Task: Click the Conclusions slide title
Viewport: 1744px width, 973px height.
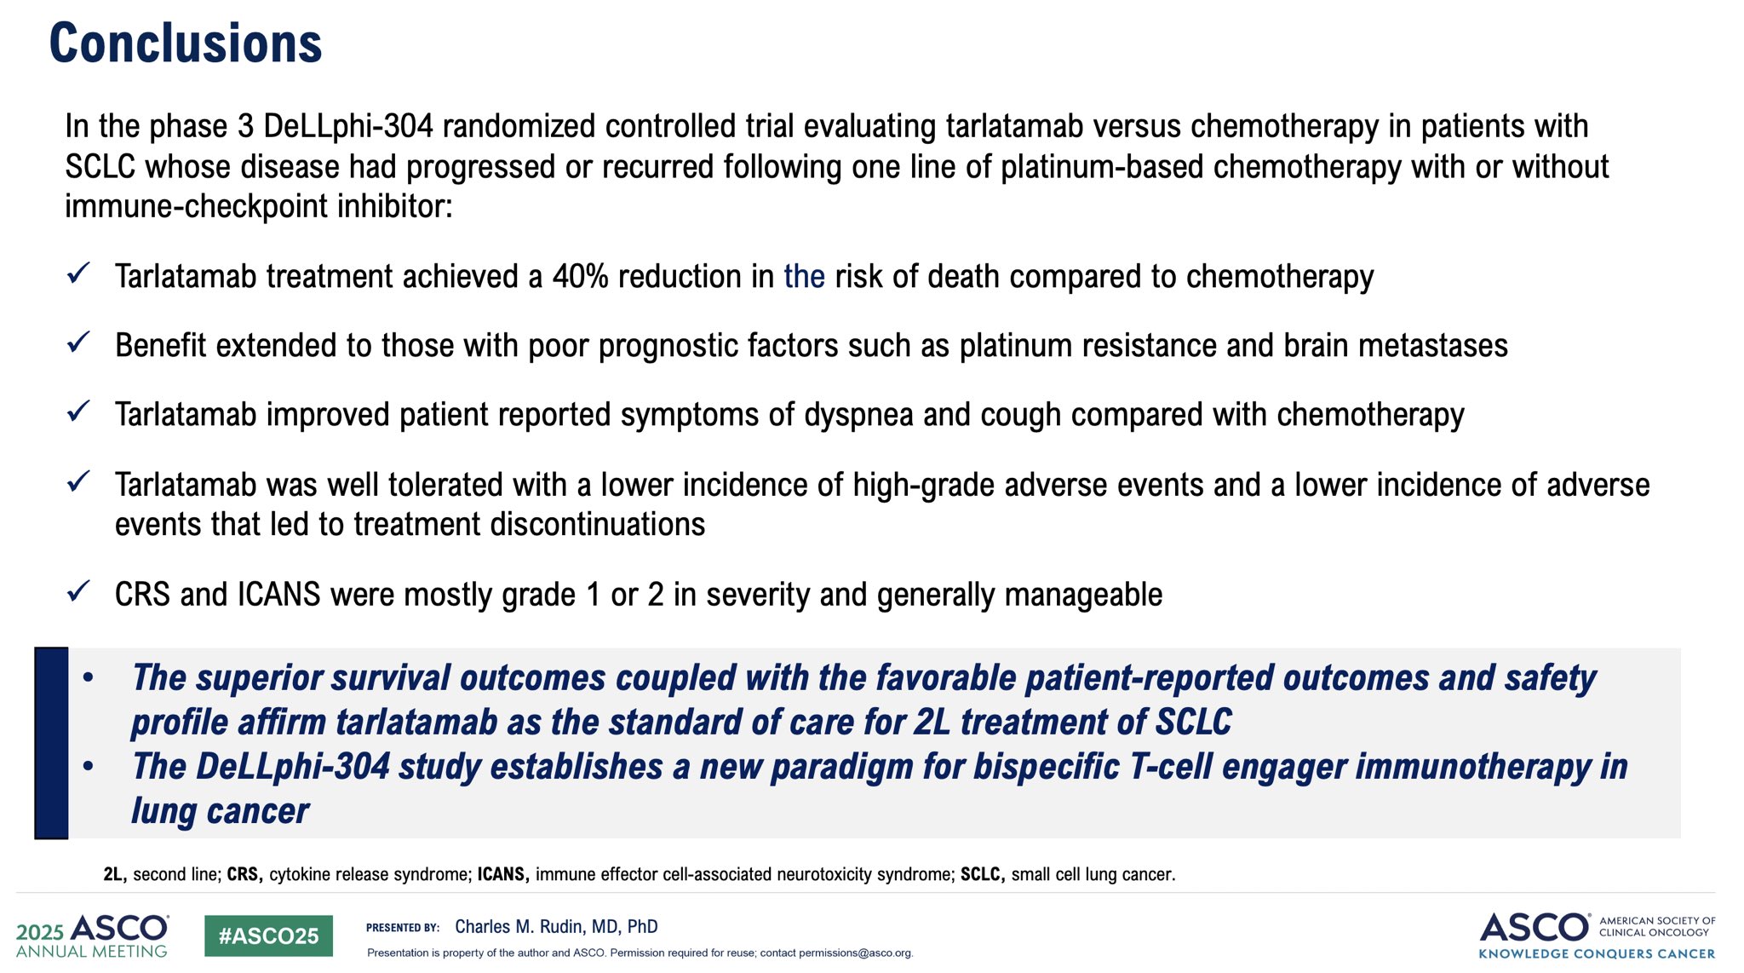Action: [186, 43]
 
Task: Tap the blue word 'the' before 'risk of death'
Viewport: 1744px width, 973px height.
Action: [804, 277]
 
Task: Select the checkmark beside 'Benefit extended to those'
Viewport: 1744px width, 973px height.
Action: [78, 343]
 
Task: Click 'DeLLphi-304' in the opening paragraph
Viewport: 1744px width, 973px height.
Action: [348, 126]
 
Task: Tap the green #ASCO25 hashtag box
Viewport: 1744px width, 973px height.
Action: [268, 936]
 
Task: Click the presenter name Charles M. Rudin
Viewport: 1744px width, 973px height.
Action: [556, 926]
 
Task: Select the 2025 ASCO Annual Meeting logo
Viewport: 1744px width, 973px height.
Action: [92, 936]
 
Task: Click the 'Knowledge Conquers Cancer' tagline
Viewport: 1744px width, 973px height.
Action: [1598, 953]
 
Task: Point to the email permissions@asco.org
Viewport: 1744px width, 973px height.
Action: [855, 953]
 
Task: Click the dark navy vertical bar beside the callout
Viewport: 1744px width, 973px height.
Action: [51, 743]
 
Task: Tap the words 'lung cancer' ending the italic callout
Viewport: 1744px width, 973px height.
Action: [220, 812]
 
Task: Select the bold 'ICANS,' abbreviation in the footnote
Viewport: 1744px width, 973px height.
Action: [503, 874]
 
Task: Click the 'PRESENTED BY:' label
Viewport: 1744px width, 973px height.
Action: [403, 928]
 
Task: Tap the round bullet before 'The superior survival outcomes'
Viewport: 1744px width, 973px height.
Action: [88, 678]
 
